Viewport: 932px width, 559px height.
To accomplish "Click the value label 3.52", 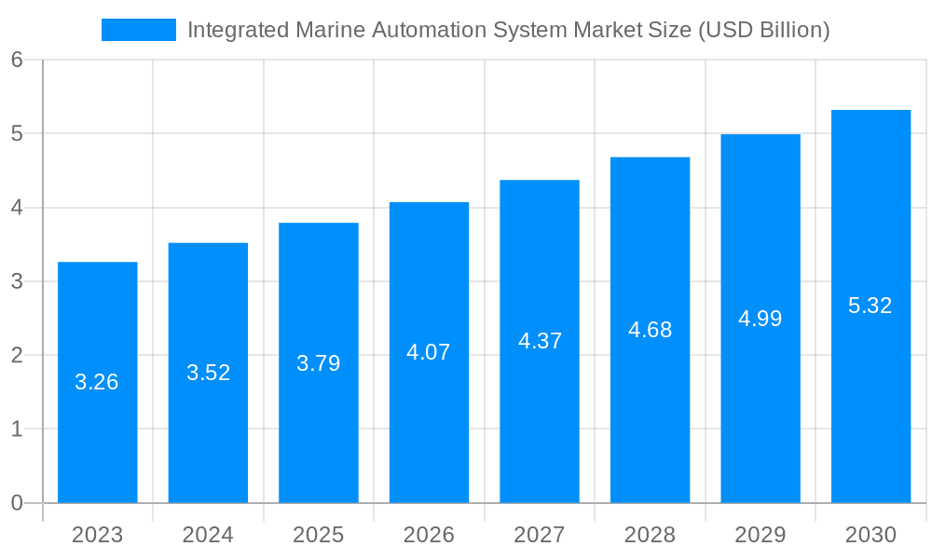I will click(x=208, y=373).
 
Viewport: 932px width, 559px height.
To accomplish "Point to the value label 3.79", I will click(x=318, y=363).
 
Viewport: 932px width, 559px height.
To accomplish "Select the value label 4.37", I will click(x=540, y=341).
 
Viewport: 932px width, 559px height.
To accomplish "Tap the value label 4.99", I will click(x=760, y=319).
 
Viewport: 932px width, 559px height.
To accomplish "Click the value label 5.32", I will click(x=870, y=306).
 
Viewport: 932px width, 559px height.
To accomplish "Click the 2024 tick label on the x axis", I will click(x=208, y=535).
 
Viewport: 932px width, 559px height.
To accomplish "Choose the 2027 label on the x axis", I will click(x=540, y=535).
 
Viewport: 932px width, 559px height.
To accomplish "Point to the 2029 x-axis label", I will click(x=760, y=535).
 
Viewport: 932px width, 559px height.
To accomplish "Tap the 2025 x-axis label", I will click(x=318, y=535).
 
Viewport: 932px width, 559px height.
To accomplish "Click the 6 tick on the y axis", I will click(x=17, y=60).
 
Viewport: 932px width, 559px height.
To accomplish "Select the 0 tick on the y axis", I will click(x=17, y=503).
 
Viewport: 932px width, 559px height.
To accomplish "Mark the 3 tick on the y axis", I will click(x=17, y=281).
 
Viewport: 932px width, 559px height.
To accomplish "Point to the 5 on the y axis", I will click(x=17, y=133).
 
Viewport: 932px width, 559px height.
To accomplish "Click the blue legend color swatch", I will click(x=138, y=30).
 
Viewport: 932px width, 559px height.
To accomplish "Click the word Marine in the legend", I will click(x=330, y=30).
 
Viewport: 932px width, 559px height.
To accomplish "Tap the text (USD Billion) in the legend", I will click(x=762, y=30).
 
